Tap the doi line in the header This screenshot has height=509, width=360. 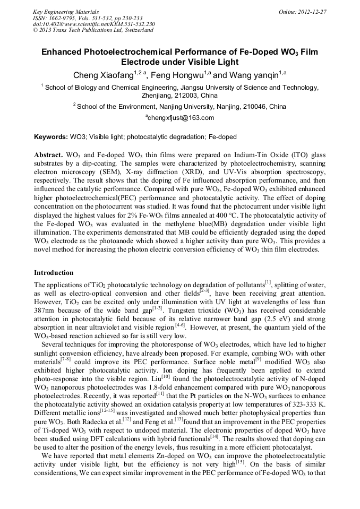pyautogui.click(x=93, y=24)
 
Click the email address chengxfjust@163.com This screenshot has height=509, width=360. pyautogui.click(x=180, y=118)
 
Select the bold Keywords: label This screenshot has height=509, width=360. pyautogui.click(x=51, y=137)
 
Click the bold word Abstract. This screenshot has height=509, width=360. pyautogui.click(x=49, y=154)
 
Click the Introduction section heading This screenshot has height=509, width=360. pyautogui.click(x=54, y=273)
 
